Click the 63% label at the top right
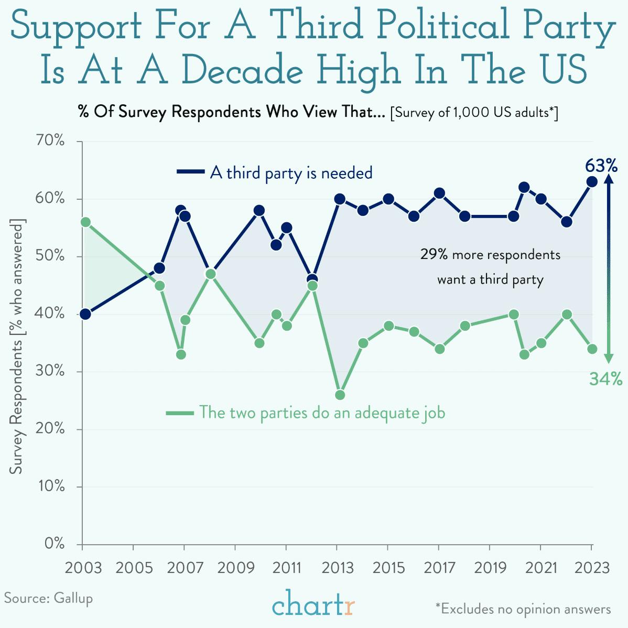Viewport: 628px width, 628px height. coord(601,166)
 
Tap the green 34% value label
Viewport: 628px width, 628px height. coord(605,378)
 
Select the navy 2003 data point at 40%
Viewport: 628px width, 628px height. coord(85,314)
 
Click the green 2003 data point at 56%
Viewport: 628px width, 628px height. coord(85,222)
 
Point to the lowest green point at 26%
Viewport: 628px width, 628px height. coord(340,395)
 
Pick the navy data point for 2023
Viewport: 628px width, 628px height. coord(592,182)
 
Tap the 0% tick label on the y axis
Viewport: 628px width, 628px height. coord(55,544)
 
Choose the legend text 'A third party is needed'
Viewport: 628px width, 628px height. coord(291,173)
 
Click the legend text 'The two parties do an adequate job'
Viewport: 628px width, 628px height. coord(322,413)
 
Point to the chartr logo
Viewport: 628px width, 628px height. coord(313,604)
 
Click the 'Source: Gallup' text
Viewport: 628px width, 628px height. coord(49,598)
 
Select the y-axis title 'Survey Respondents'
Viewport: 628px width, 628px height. coord(17,409)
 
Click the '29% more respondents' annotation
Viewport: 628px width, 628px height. coord(490,255)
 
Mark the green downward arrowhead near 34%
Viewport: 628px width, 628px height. coord(609,359)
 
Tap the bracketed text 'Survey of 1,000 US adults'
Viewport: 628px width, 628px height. coord(474,112)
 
